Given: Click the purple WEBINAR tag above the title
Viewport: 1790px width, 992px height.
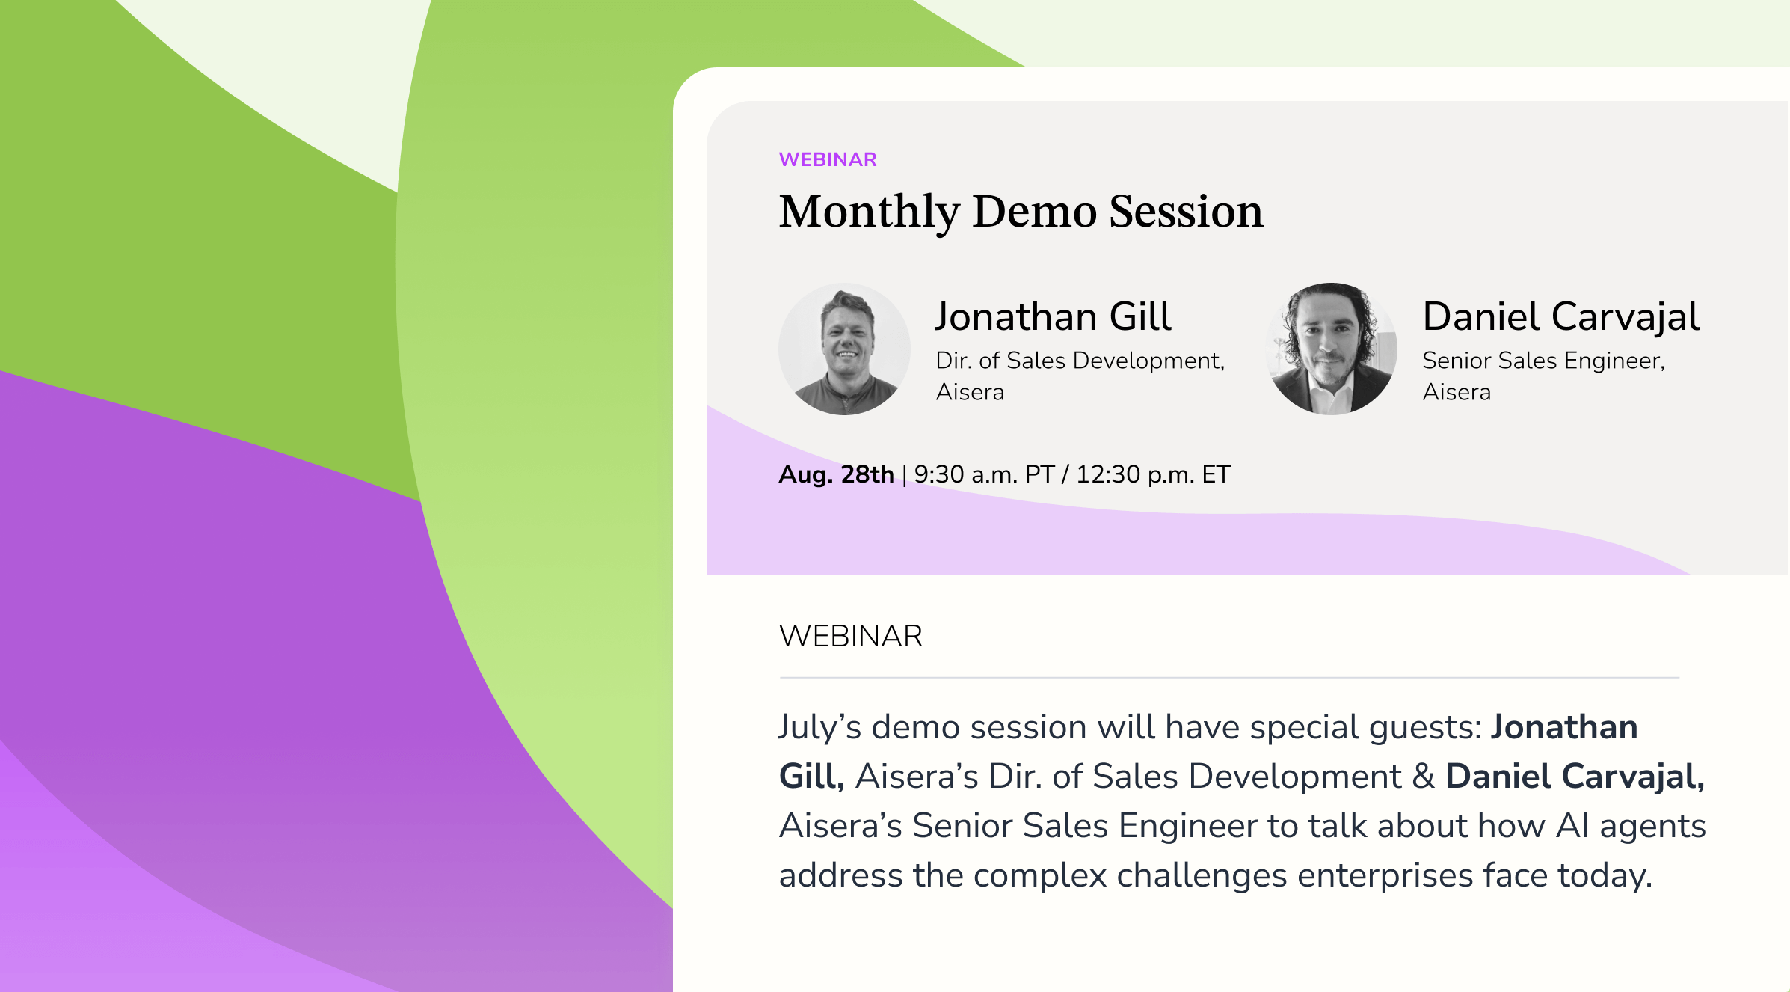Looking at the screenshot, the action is coord(828,159).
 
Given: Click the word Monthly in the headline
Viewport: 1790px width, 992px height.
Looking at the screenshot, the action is coord(870,212).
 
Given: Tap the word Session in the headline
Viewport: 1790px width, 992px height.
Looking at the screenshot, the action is coord(1186,211).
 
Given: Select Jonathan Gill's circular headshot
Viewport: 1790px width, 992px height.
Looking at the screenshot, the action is coord(845,349).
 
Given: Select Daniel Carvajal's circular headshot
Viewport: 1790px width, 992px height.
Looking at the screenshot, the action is coord(1332,349).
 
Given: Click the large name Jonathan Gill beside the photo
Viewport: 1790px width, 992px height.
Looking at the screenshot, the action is coord(1053,316).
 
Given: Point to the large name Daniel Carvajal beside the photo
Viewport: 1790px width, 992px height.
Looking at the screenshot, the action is coord(1561,316).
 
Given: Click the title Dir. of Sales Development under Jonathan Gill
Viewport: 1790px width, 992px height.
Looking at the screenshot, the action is coord(1080,361).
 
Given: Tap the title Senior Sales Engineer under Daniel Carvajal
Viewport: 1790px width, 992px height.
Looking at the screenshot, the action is coord(1543,361).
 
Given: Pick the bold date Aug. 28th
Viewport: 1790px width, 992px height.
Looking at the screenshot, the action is coord(837,474).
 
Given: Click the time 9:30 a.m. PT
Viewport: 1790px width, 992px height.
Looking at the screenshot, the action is coord(984,474).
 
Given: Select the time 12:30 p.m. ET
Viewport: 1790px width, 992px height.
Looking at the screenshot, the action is coord(1153,474).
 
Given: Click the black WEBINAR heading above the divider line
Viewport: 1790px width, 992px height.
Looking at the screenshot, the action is coord(851,636).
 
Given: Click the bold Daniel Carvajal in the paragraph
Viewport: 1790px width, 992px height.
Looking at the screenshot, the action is coord(1575,777).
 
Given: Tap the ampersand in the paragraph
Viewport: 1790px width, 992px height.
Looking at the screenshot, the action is coord(1424,777).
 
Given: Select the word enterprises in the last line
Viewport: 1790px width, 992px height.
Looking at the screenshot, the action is coord(1385,876).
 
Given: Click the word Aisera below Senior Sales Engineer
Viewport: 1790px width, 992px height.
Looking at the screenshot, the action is coord(1457,392).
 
